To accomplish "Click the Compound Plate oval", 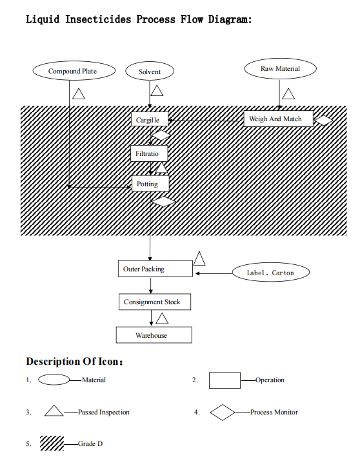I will pyautogui.click(x=73, y=71).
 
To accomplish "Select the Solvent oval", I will pyautogui.click(x=150, y=72).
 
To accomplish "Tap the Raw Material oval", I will pyautogui.click(x=280, y=68).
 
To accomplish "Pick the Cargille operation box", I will pyautogui.click(x=151, y=120).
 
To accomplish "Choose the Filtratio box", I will pyautogui.click(x=150, y=153).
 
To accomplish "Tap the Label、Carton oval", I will pyautogui.click(x=271, y=273).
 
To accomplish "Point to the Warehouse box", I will pyautogui.click(x=154, y=335).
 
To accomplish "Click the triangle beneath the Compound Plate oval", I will pyautogui.click(x=79, y=94).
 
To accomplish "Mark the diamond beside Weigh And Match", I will pyautogui.click(x=323, y=120).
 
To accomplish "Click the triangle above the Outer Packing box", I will pyautogui.click(x=199, y=259).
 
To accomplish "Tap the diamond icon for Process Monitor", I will pyautogui.click(x=223, y=413).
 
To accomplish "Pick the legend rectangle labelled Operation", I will pyautogui.click(x=225, y=380).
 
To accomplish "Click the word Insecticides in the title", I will pyautogui.click(x=100, y=19).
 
